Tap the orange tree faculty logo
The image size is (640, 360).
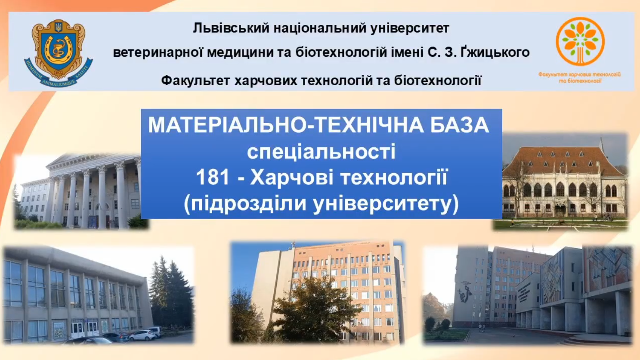(580, 41)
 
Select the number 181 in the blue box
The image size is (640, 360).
(213, 177)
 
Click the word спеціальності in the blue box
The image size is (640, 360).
(321, 152)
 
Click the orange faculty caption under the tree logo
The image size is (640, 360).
(580, 78)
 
